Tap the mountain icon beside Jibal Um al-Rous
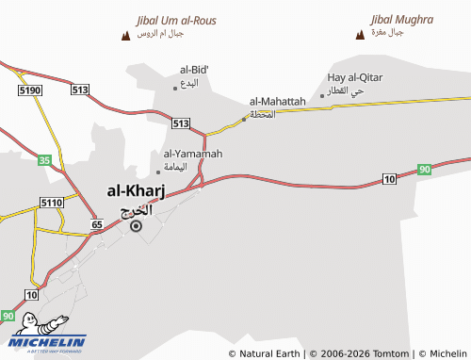click(x=126, y=36)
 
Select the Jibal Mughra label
click(x=401, y=19)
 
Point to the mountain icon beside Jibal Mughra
click(x=359, y=36)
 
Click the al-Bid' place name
click(x=194, y=69)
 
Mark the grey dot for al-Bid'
click(x=174, y=88)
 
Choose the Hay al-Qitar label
click(x=355, y=77)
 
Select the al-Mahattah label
click(x=277, y=101)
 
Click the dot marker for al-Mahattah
click(x=244, y=119)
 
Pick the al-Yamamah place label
click(x=192, y=154)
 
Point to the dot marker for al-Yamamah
click(x=158, y=172)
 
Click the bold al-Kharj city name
click(x=130, y=192)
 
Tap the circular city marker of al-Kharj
click(x=136, y=226)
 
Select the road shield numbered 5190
click(x=29, y=90)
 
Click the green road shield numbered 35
click(x=44, y=160)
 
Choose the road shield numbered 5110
click(x=51, y=203)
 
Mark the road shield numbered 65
click(x=96, y=224)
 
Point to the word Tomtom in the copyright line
click(x=387, y=353)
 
